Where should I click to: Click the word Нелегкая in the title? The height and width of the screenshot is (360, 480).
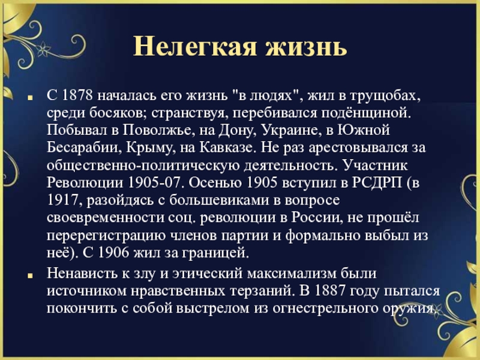(x=194, y=46)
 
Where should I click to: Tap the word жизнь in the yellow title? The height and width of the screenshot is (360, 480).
(x=307, y=46)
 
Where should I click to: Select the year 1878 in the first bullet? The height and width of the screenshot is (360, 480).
(x=77, y=95)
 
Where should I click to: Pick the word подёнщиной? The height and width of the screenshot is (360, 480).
(x=364, y=113)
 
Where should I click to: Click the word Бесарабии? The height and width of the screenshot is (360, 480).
(x=80, y=148)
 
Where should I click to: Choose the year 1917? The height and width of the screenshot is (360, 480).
(x=62, y=200)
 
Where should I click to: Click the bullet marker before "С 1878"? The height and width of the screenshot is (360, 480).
(x=30, y=98)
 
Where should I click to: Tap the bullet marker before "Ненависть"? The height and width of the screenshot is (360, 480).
(x=30, y=275)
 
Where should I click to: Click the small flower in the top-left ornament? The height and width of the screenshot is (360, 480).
(x=44, y=49)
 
